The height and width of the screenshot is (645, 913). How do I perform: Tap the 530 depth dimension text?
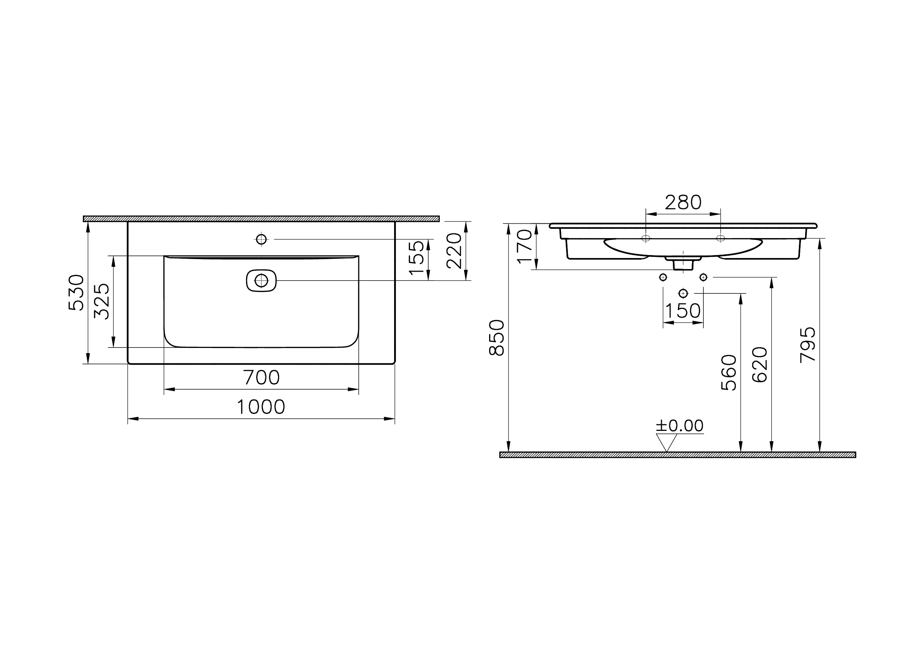pos(76,292)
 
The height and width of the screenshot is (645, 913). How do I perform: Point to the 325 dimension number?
pos(102,301)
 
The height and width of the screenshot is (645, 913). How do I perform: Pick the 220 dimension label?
pos(454,251)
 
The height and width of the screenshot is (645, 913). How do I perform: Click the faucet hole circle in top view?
pos(261,239)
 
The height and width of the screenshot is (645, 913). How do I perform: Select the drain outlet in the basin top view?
pos(261,280)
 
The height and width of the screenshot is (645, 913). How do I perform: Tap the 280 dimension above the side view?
pos(683,203)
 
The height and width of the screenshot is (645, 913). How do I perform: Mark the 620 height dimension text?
pos(760,365)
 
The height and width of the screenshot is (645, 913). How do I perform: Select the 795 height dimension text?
pos(808,345)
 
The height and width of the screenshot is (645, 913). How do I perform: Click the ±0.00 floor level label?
pos(680,426)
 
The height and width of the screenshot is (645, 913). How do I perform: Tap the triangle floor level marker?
pos(667,442)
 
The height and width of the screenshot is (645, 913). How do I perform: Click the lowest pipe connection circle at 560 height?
pos(683,293)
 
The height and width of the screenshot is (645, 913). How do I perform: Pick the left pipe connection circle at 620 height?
pos(663,277)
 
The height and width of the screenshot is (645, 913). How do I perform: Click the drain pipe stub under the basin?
pos(683,265)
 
